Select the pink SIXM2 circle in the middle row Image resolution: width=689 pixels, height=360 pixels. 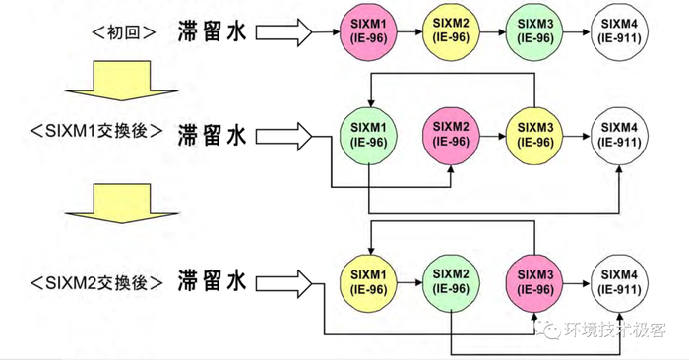click(x=452, y=136)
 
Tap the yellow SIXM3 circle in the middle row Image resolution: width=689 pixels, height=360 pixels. click(x=534, y=136)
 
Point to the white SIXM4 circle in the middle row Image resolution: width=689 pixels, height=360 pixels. click(x=618, y=136)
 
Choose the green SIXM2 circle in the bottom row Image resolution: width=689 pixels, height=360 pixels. click(x=452, y=279)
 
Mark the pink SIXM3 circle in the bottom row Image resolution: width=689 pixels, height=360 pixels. click(x=534, y=279)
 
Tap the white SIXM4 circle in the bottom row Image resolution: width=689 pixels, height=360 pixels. click(x=618, y=279)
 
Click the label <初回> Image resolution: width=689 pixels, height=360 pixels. click(x=124, y=31)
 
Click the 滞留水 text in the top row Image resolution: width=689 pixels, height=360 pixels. click(x=211, y=30)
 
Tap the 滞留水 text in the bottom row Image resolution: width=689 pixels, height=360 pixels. click(x=211, y=281)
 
